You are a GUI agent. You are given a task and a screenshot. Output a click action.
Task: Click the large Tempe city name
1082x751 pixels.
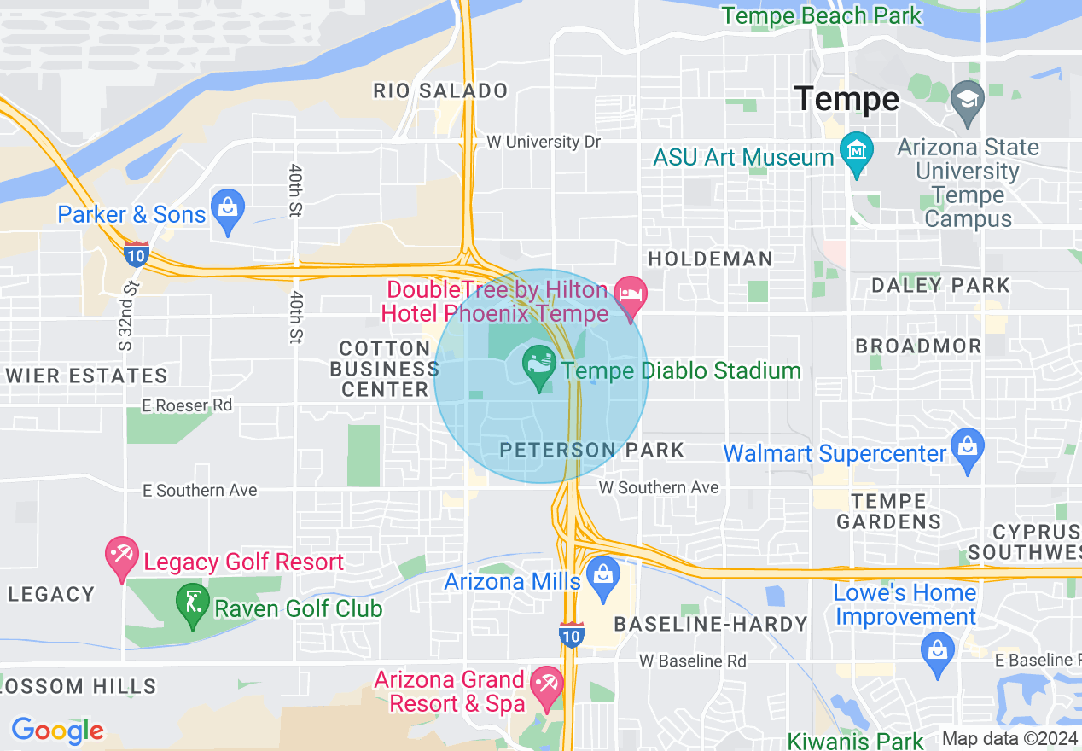846,99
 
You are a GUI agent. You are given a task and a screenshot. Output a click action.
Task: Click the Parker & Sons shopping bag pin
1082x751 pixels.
228,209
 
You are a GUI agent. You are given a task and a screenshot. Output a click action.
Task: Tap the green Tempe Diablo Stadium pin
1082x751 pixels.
539,367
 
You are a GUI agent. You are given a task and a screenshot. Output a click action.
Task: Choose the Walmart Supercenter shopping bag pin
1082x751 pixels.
967,449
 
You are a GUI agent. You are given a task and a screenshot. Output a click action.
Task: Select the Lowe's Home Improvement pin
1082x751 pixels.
937,653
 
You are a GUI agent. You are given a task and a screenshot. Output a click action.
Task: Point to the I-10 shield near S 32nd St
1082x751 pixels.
136,253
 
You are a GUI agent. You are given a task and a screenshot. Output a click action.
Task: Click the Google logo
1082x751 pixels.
57,731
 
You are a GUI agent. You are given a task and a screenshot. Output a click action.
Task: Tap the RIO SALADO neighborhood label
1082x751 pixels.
440,90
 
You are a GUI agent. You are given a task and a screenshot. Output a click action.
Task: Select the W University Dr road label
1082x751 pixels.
544,142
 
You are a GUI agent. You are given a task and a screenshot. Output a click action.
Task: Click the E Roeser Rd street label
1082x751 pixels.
187,405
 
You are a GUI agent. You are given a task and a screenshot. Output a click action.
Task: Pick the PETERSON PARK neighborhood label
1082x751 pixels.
591,450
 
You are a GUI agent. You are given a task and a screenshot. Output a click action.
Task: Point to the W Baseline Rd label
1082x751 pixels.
693,661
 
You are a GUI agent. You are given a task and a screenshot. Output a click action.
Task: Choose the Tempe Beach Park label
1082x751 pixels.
821,15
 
